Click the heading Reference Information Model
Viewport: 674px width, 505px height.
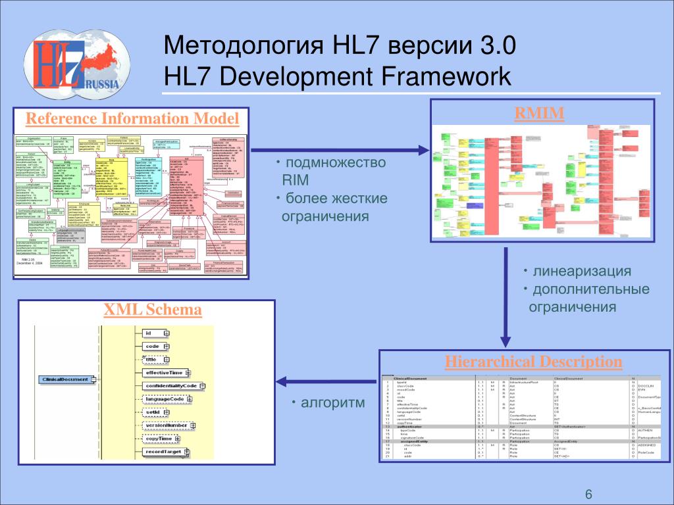[132, 118]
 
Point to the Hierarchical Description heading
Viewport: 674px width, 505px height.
[533, 361]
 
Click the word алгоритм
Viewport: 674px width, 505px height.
[332, 402]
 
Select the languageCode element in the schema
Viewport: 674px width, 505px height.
[165, 399]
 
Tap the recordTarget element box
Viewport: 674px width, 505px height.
[164, 452]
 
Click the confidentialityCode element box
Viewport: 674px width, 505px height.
[170, 385]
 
